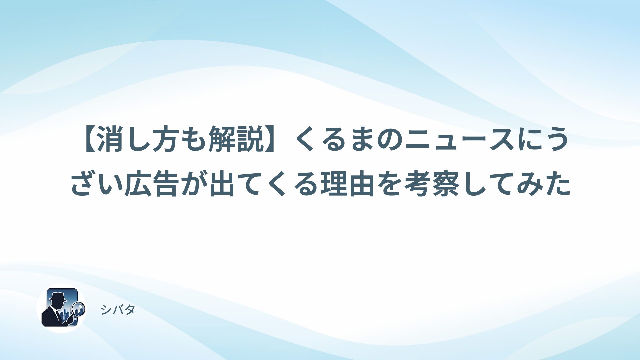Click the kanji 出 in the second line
[x=222, y=184]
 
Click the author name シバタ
[x=118, y=310]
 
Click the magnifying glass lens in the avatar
[x=79, y=309]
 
